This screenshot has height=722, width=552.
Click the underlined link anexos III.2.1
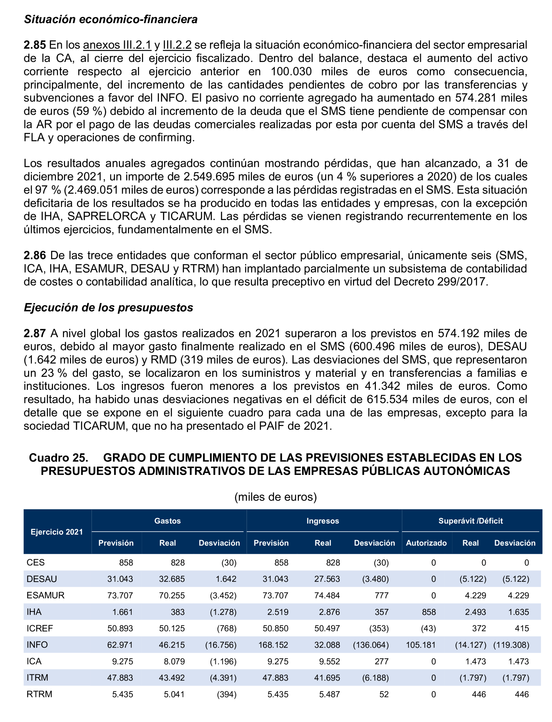117,45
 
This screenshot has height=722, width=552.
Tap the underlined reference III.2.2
177,45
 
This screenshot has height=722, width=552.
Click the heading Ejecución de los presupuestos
108,307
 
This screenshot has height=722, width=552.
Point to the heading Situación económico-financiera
111,20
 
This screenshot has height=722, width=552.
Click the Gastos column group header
168,521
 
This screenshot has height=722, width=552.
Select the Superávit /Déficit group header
471,521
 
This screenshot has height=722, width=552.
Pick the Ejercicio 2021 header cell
57,532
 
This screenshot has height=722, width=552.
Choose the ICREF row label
40,628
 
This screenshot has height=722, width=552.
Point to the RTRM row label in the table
40,694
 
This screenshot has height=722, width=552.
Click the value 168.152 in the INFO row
273,645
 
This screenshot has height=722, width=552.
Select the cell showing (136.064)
371,645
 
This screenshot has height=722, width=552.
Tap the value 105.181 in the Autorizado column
421,645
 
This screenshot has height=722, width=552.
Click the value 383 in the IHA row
178,612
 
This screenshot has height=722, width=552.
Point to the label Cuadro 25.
59,457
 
